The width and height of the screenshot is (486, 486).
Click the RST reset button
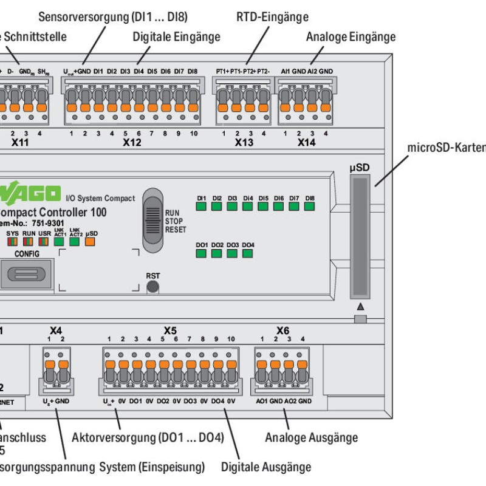coord(153,286)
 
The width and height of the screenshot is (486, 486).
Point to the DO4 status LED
coord(247,253)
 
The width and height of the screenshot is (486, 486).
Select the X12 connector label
coord(132,143)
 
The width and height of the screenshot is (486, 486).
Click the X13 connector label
coord(244,143)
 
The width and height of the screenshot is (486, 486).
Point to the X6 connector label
coord(282,330)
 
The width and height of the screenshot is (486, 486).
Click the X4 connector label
coord(55,330)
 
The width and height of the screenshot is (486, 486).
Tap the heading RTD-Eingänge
coord(272,17)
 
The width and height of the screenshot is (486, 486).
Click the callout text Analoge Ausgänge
coord(311,437)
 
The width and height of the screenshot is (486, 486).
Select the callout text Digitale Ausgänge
coord(266,467)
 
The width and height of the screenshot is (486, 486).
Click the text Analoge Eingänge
coord(351,37)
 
